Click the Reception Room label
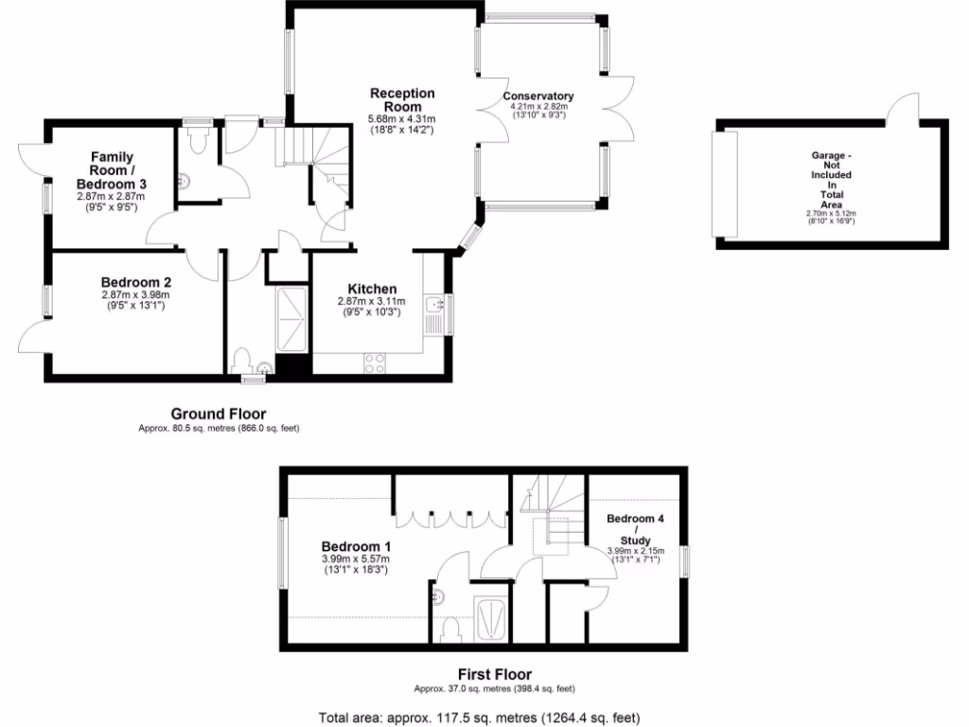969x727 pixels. [402, 99]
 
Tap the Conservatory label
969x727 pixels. [538, 97]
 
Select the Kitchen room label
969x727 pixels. [372, 289]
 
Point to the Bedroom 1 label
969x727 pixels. [356, 546]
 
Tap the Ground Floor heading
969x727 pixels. [218, 414]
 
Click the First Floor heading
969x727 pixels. [494, 675]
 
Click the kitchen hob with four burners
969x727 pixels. [374, 363]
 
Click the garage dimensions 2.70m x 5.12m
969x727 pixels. [831, 214]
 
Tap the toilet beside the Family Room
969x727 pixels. [198, 142]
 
